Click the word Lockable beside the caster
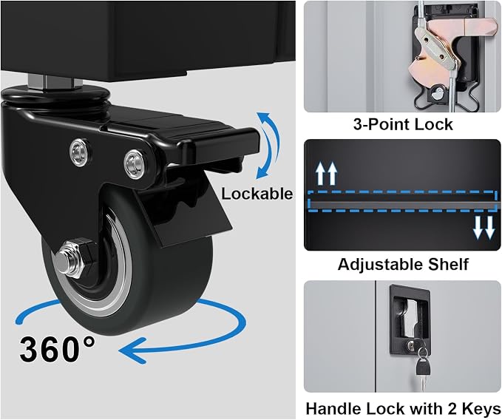coord(257,194)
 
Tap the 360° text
coord(58,348)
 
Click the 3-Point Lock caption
coord(403,124)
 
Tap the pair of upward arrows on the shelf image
coord(327,174)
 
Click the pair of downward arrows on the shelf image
coord(484,228)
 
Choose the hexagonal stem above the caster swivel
coord(55,82)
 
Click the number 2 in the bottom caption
coord(452,409)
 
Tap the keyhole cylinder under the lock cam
coord(436,95)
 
